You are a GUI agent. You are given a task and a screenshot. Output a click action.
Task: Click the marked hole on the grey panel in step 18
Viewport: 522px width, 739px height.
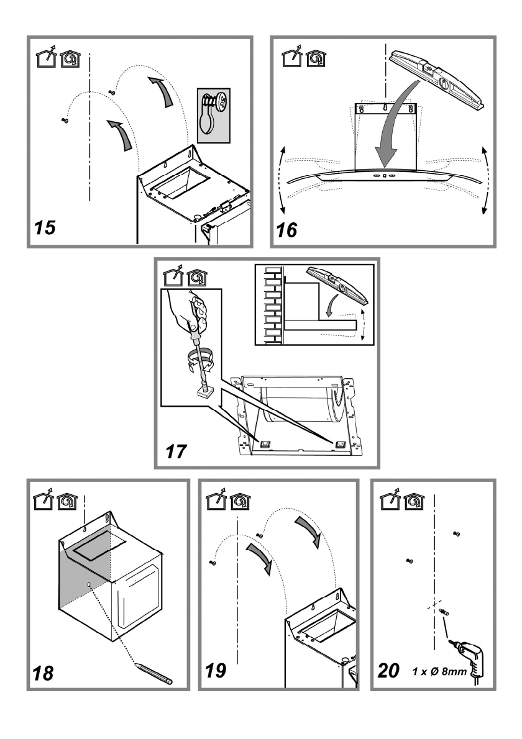[x=91, y=583]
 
